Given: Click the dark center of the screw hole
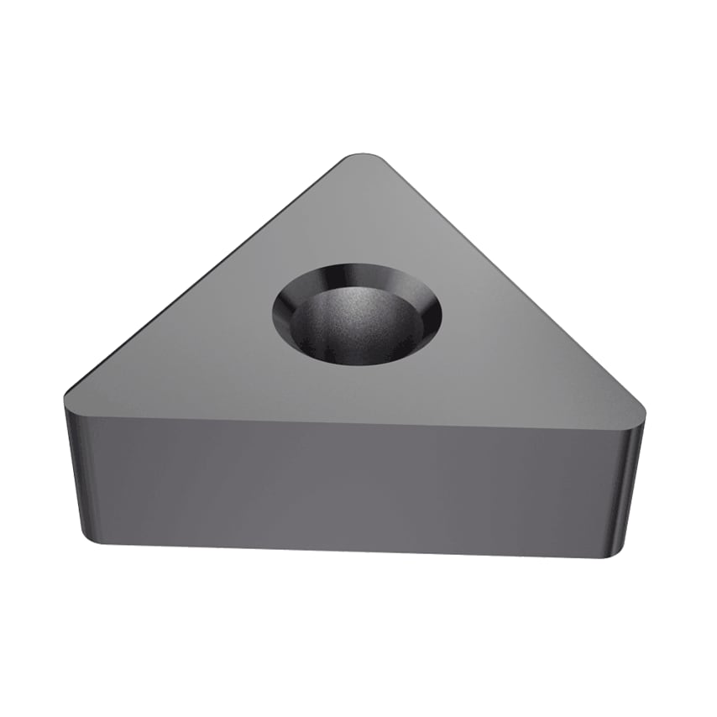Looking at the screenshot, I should click(357, 332).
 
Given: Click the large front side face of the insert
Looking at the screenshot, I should click(353, 483).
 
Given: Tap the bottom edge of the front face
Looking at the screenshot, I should click(353, 550).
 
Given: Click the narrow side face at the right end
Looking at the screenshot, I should click(631, 487).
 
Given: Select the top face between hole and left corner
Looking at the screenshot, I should click(185, 369).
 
